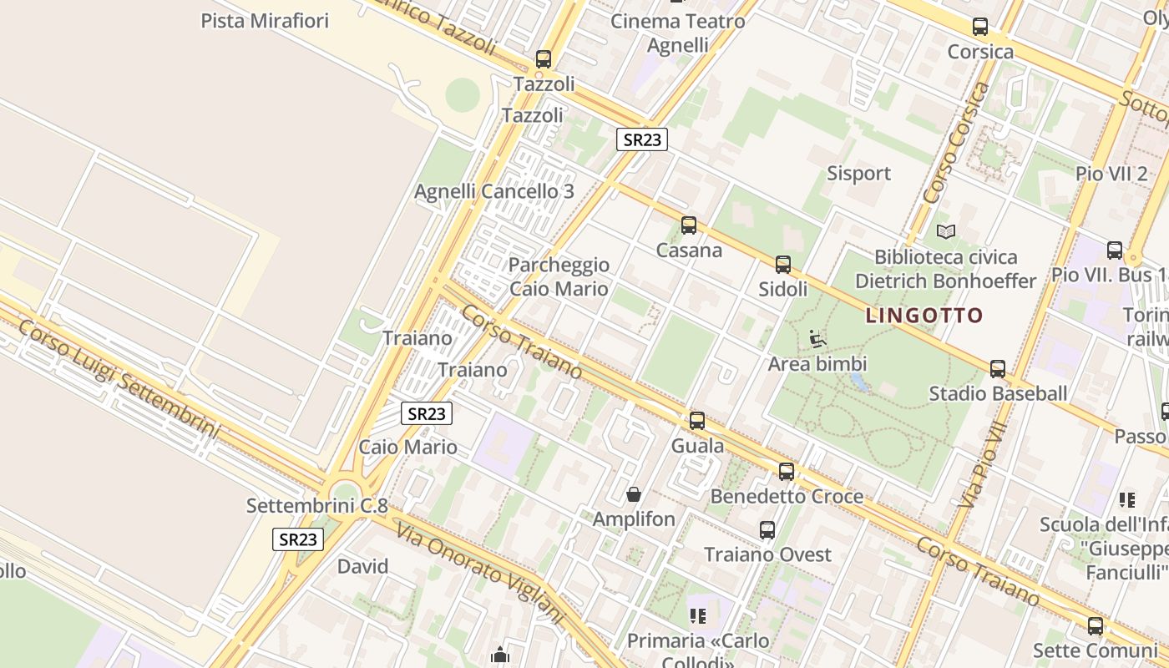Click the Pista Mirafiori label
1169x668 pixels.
point(265,21)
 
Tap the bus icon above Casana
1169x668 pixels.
point(689,225)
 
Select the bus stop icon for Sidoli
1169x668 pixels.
point(783,265)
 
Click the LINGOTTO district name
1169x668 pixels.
point(924,316)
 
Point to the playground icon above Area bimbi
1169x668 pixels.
point(817,339)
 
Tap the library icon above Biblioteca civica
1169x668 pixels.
point(946,231)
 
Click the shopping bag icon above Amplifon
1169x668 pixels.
point(634,494)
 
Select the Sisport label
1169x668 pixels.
point(858,174)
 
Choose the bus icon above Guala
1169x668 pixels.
point(697,421)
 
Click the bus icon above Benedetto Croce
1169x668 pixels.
point(787,472)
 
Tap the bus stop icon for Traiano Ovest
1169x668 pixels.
point(767,529)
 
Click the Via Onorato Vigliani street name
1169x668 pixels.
point(480,572)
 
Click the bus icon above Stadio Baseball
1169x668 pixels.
point(998,369)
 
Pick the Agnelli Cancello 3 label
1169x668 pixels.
point(494,191)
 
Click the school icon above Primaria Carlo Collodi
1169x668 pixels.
point(698,616)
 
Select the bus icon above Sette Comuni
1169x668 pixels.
point(1096,625)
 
